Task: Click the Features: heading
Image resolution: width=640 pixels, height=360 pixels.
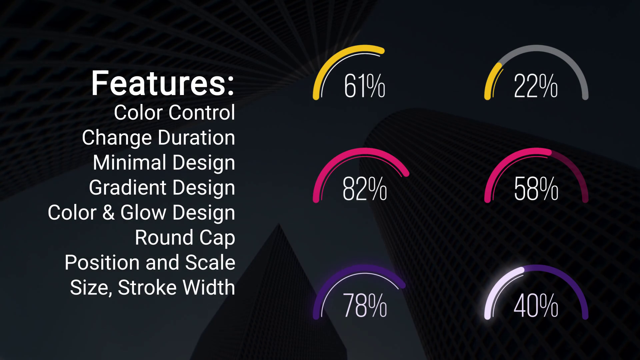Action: pyautogui.click(x=163, y=83)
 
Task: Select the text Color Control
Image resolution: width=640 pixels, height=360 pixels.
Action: pyautogui.click(x=175, y=112)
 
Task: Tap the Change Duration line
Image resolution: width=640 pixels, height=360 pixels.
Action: pyautogui.click(x=159, y=138)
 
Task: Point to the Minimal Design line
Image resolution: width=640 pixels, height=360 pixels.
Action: pyautogui.click(x=164, y=163)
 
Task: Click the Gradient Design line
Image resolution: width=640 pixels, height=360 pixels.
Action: pyautogui.click(x=162, y=188)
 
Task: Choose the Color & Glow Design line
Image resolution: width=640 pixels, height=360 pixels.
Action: pyautogui.click(x=141, y=213)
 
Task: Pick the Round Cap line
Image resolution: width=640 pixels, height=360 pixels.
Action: pyautogui.click(x=185, y=238)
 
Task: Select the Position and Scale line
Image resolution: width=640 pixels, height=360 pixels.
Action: pyautogui.click(x=150, y=262)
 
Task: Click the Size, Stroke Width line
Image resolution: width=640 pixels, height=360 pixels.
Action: pyautogui.click(x=153, y=287)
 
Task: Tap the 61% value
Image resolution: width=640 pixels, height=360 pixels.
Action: pyautogui.click(x=365, y=86)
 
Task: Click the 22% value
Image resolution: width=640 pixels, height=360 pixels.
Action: pyautogui.click(x=536, y=86)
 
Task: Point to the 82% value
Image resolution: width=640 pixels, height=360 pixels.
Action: pyautogui.click(x=365, y=189)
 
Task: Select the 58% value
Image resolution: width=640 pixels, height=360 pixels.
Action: pyautogui.click(x=536, y=189)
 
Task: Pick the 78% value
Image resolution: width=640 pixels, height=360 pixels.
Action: pyautogui.click(x=365, y=305)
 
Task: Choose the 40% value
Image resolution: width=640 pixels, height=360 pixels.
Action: pyautogui.click(x=536, y=305)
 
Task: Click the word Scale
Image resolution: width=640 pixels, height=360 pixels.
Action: pyautogui.click(x=210, y=262)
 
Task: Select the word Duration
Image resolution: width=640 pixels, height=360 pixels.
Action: pyautogui.click(x=197, y=138)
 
